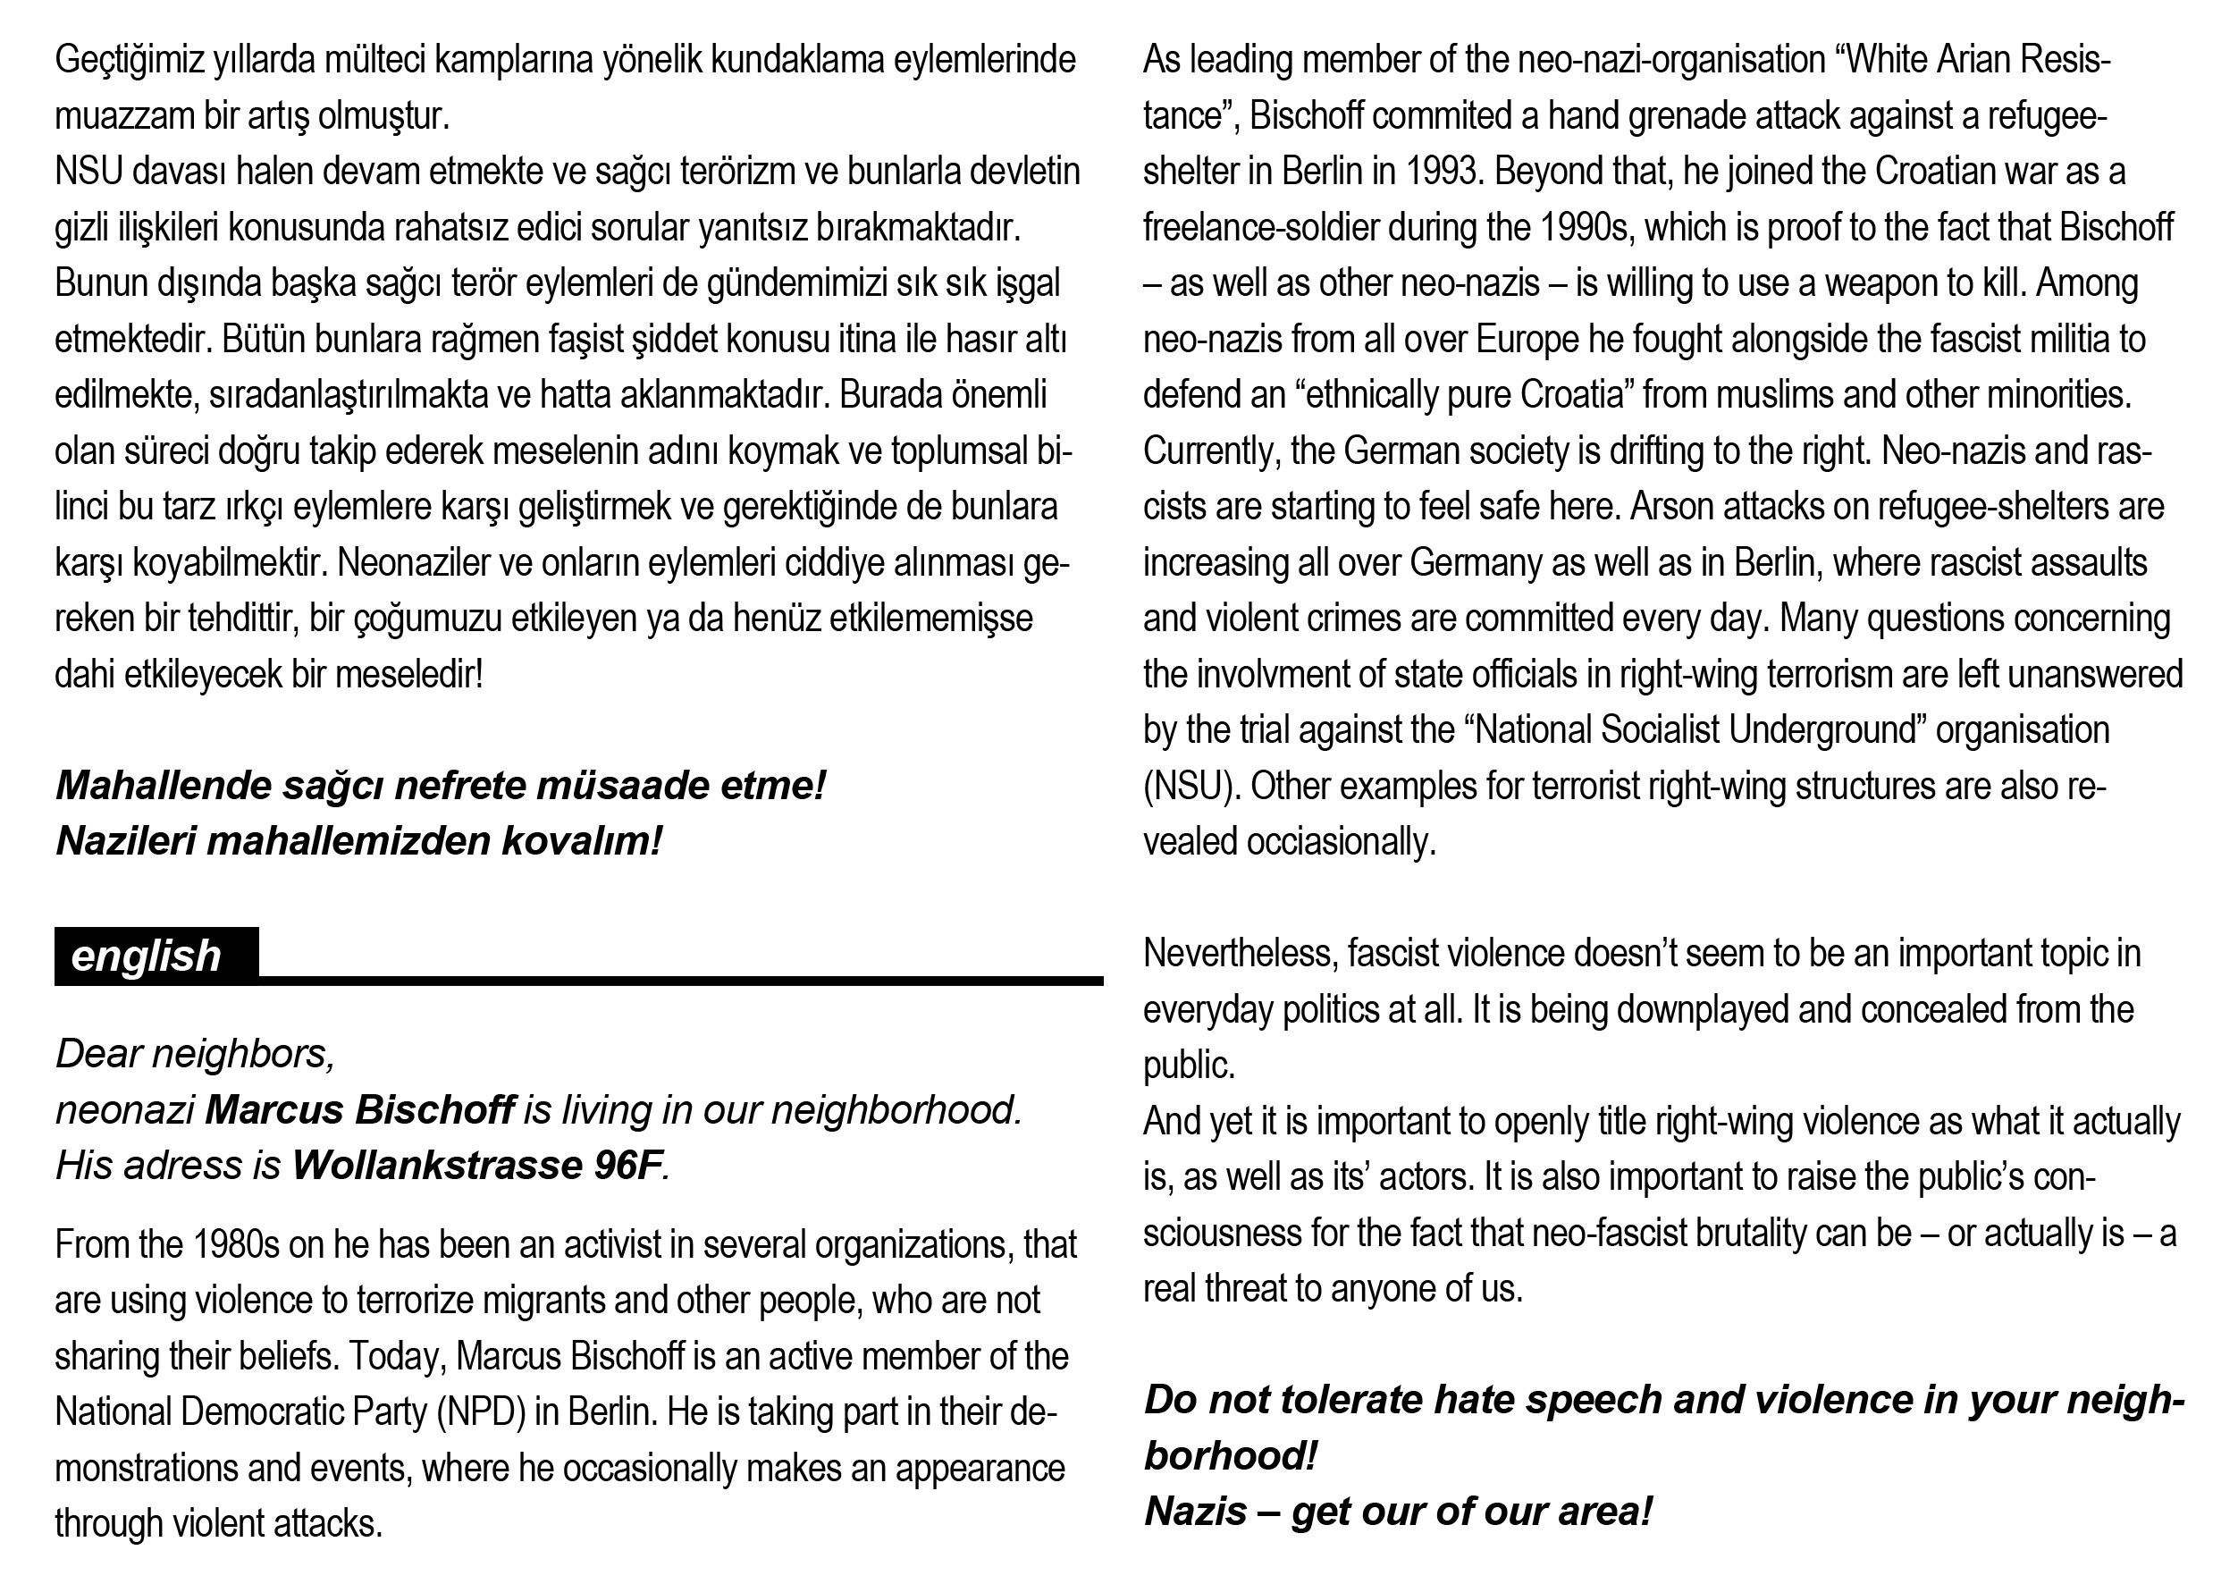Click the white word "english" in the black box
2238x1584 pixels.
coord(147,956)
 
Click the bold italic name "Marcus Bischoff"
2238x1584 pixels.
coord(359,1110)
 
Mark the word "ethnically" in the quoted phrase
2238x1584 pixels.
coord(1383,396)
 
